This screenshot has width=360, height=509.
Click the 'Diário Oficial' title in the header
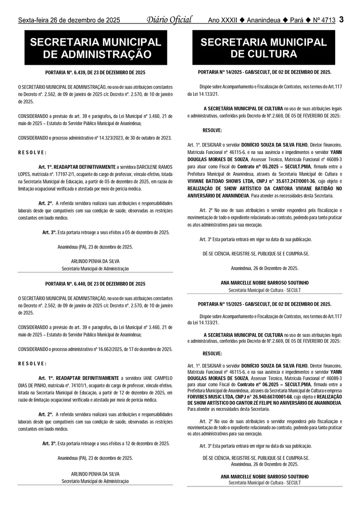coord(169,20)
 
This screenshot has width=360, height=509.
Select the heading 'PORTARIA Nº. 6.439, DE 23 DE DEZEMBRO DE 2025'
coord(95,73)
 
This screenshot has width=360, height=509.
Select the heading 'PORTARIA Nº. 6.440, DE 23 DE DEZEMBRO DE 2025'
coord(95,284)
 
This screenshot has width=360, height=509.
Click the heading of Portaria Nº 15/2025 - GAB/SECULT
coord(265,304)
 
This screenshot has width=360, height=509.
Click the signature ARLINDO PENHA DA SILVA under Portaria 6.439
coord(95,262)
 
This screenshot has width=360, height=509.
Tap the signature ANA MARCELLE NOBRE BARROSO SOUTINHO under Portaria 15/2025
coord(265,476)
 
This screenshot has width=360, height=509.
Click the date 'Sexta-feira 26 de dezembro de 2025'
coord(69,20)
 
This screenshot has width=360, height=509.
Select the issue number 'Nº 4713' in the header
coord(324,20)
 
